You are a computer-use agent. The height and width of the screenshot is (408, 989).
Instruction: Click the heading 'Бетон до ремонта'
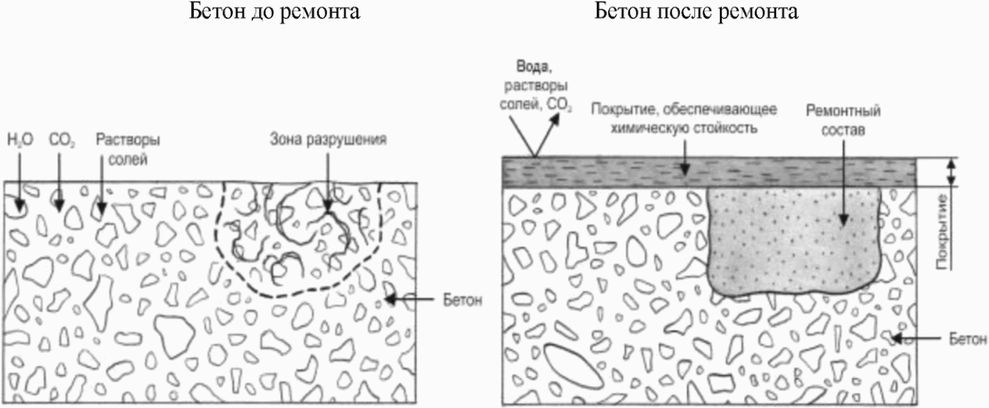[274, 11]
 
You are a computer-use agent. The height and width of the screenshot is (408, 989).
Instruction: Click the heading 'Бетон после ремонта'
[695, 11]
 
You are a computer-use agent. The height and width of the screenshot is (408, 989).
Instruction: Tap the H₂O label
[20, 140]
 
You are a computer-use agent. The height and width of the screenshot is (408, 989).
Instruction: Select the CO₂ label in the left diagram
[62, 141]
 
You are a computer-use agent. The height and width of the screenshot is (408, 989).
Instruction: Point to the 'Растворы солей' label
[128, 150]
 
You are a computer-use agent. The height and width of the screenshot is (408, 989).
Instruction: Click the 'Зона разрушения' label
[328, 139]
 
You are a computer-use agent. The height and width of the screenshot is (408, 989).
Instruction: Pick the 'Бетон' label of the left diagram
[462, 299]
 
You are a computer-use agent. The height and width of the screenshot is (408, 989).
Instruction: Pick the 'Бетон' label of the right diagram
[967, 339]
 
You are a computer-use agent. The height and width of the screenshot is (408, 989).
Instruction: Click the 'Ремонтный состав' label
[843, 120]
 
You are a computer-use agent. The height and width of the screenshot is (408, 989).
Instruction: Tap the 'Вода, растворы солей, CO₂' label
[535, 87]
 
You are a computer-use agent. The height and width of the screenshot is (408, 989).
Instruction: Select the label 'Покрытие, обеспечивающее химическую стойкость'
[684, 118]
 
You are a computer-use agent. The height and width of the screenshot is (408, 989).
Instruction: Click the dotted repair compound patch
[789, 239]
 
